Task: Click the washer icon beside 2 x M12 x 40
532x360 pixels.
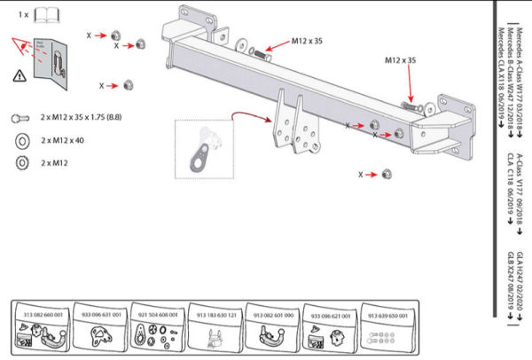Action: coord(20,140)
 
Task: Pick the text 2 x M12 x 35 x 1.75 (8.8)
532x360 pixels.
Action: coord(86,117)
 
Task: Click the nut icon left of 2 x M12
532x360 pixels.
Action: coord(20,162)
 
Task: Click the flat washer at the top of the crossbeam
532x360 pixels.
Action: coord(243,43)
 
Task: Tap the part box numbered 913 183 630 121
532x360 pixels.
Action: coord(214,328)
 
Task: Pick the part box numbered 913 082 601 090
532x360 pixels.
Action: coord(272,328)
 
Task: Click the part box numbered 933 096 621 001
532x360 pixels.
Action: coord(330,328)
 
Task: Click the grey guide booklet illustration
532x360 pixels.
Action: coord(55,65)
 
